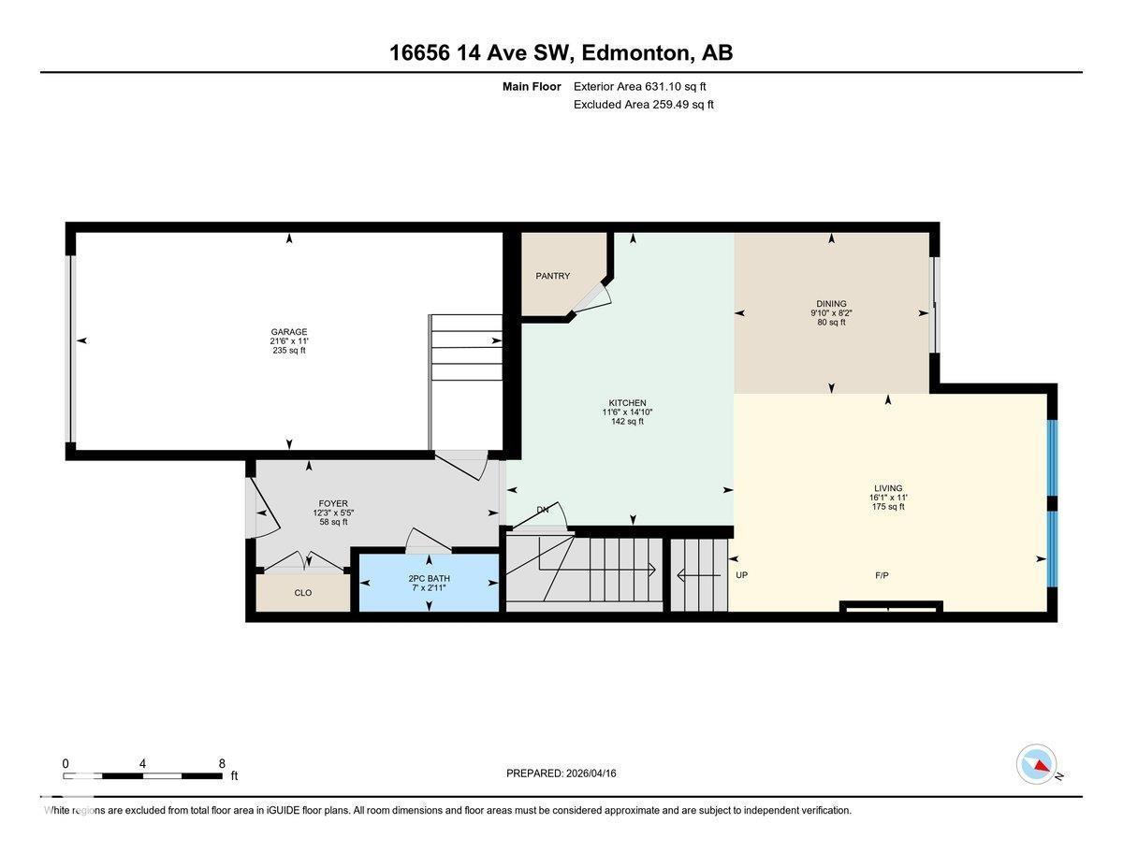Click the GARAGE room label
point(288,332)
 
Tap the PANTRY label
point(552,276)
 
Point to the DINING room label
point(830,304)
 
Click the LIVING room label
point(887,488)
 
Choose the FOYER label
point(332,504)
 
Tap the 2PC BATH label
point(429,578)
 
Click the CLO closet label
point(302,593)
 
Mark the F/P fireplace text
point(882,575)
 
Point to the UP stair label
point(741,575)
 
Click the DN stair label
point(542,510)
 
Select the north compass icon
point(1037,764)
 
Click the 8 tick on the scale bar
point(222,763)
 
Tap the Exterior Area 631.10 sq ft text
point(639,86)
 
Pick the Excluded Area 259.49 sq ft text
point(643,105)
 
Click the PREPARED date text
point(561,773)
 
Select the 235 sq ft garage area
point(288,351)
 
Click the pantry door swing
point(592,296)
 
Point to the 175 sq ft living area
point(887,507)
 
